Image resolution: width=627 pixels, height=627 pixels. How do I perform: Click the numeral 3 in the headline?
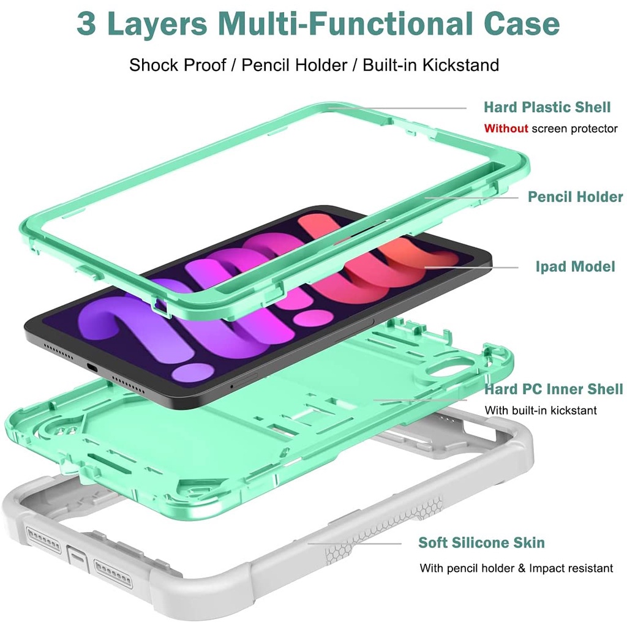point(86,24)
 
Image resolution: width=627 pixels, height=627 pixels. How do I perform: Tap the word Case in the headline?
point(522,24)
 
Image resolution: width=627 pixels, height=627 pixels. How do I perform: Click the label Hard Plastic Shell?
point(547,107)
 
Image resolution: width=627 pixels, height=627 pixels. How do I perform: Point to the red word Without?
point(506,129)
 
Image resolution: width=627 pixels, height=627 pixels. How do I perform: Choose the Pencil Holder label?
point(575,197)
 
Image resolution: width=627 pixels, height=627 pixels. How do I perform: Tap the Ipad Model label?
point(575,267)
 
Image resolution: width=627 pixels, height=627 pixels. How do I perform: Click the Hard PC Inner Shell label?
point(554,389)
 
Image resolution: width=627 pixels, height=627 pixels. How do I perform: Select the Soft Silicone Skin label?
point(481,543)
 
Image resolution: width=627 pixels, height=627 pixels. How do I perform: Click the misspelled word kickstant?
point(574,410)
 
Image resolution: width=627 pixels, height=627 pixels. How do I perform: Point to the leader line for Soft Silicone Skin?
point(355,544)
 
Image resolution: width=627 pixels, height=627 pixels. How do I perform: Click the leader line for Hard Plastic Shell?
point(397,108)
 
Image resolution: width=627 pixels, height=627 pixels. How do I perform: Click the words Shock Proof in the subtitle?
point(178,65)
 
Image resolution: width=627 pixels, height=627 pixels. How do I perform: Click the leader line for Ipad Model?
point(471,268)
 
